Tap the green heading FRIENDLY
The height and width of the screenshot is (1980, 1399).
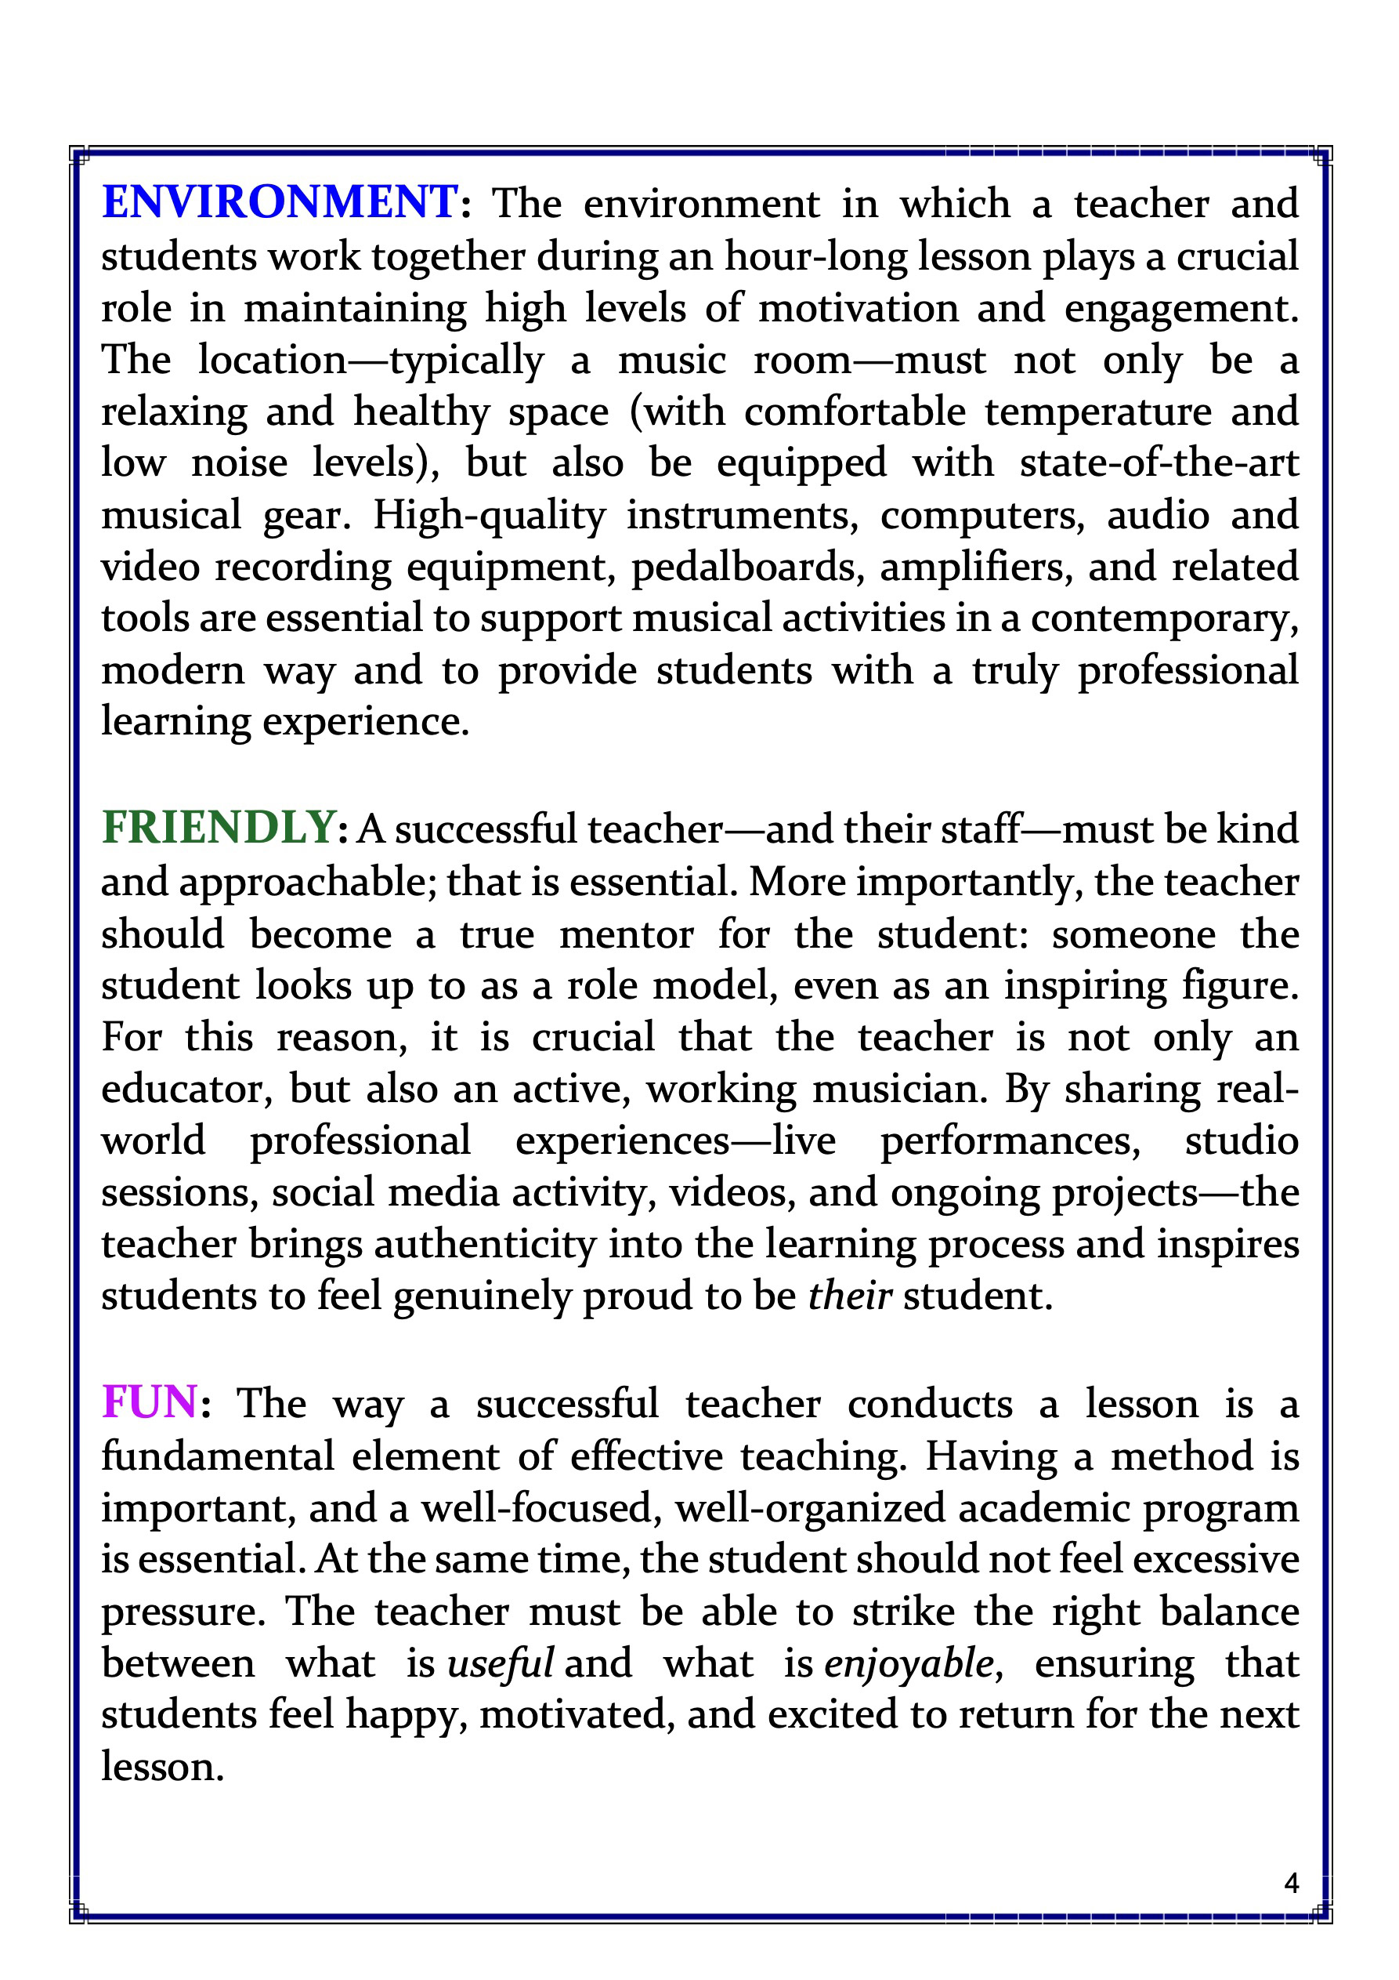218,828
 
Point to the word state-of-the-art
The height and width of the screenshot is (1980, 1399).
1159,463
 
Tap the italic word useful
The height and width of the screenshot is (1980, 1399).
500,1663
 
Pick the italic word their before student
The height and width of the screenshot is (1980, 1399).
849,1295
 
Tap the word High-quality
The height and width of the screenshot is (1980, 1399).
490,516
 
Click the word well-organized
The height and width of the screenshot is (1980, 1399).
810,1507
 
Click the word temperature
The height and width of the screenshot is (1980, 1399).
1097,412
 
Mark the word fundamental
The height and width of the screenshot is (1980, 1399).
217,1456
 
